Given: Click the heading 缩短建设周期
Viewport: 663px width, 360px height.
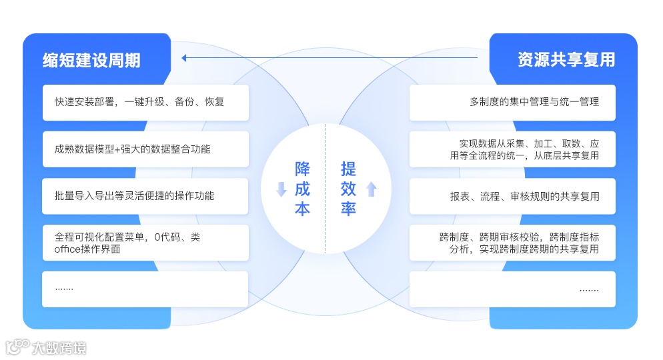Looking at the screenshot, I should (91, 60).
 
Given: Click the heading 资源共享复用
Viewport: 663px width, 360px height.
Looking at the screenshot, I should (566, 60).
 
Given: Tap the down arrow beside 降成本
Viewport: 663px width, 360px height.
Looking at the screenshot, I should (281, 189).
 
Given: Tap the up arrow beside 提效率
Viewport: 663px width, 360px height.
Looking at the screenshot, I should (372, 189).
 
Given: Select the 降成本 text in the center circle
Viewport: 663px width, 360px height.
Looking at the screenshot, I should (303, 189).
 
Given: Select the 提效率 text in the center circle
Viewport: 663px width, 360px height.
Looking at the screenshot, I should (348, 189).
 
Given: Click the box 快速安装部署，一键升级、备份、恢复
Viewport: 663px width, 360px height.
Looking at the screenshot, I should (145, 103).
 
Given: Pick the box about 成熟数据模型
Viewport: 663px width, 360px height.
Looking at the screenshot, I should (145, 149).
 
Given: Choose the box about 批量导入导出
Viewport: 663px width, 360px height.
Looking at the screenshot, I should (145, 196).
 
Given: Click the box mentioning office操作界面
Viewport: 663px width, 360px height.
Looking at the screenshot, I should (145, 243).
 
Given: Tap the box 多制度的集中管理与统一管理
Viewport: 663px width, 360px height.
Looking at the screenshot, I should (512, 103).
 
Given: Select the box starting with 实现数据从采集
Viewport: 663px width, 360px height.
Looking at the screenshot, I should (512, 149).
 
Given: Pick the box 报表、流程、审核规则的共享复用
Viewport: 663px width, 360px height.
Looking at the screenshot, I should (512, 196).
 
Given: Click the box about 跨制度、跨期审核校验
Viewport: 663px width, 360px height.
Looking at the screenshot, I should (512, 243).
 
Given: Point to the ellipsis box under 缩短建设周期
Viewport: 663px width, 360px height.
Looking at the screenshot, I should (145, 289).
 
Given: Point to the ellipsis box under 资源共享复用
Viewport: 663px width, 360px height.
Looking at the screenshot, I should (512, 289).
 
